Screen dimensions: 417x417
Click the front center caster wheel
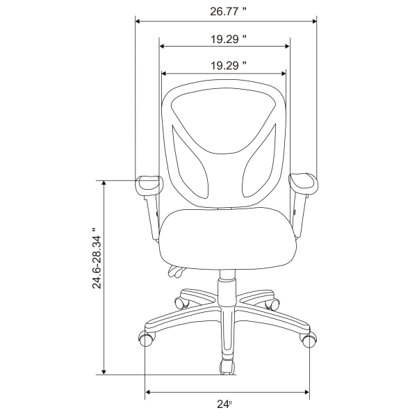click(227, 366)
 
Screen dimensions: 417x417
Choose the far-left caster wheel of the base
click(147, 338)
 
